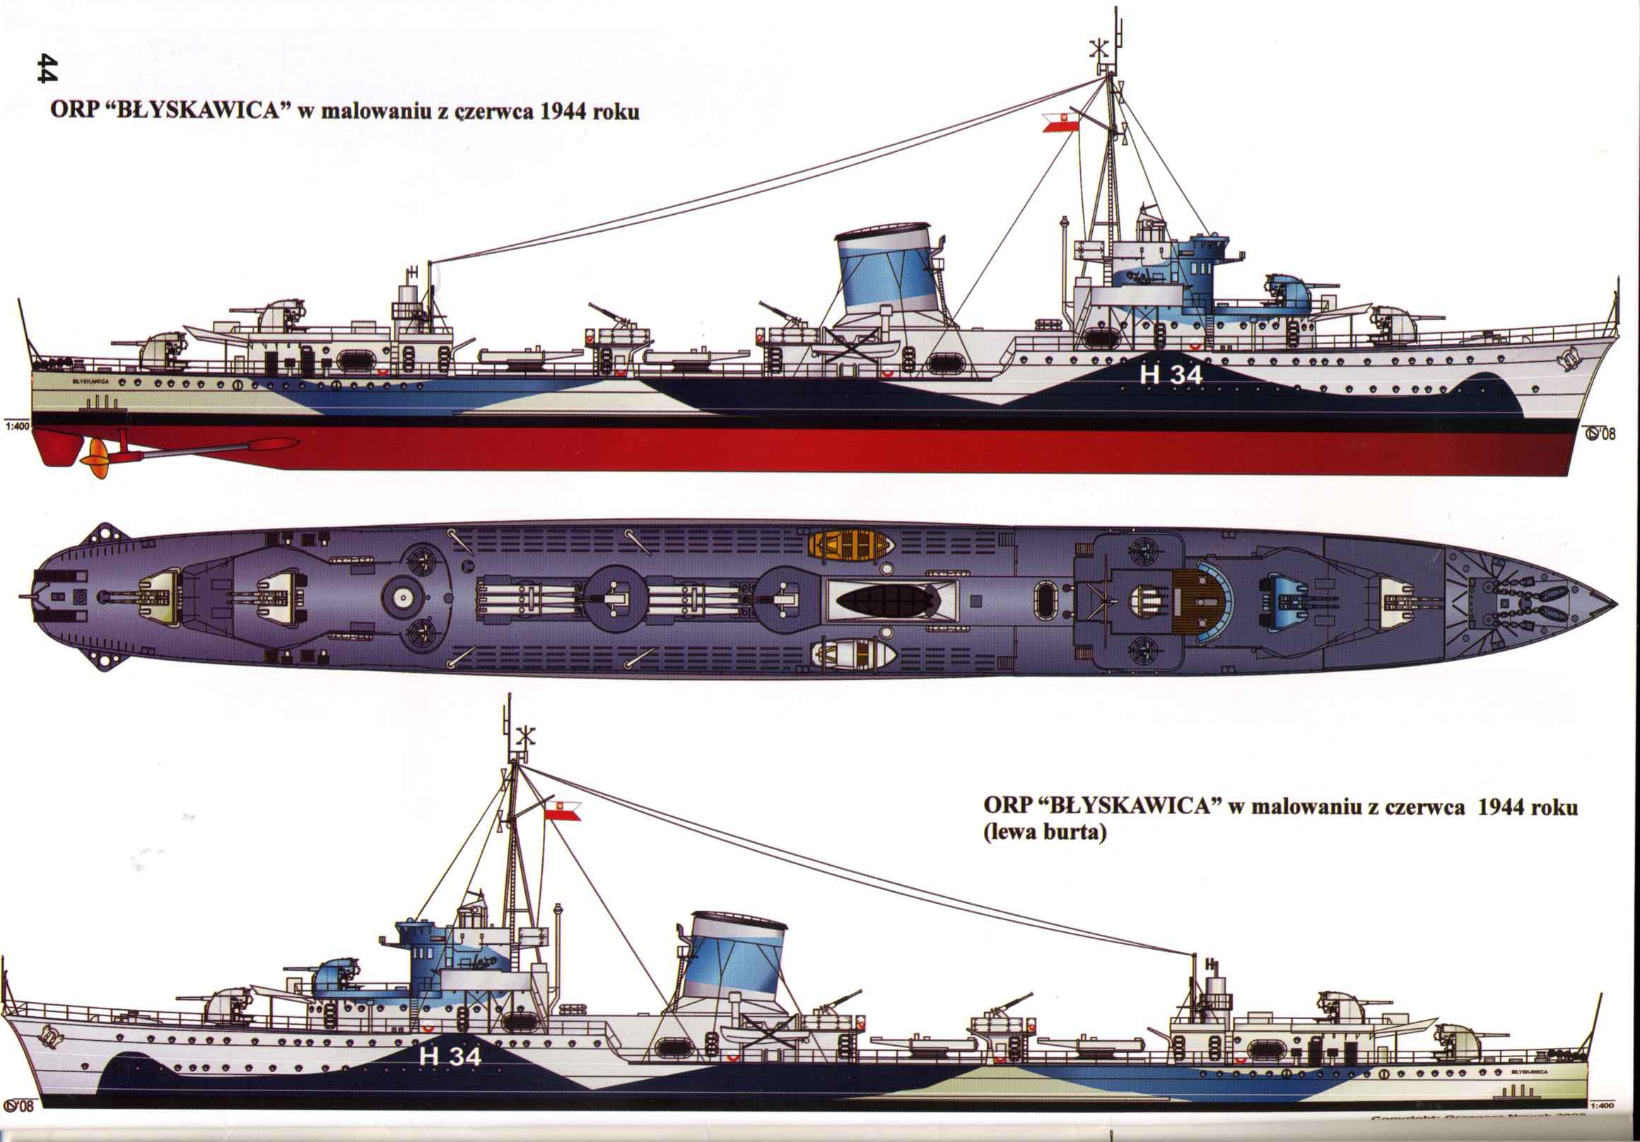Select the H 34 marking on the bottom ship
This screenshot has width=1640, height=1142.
[x=450, y=1056]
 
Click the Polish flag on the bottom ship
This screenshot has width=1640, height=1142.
[x=563, y=811]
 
